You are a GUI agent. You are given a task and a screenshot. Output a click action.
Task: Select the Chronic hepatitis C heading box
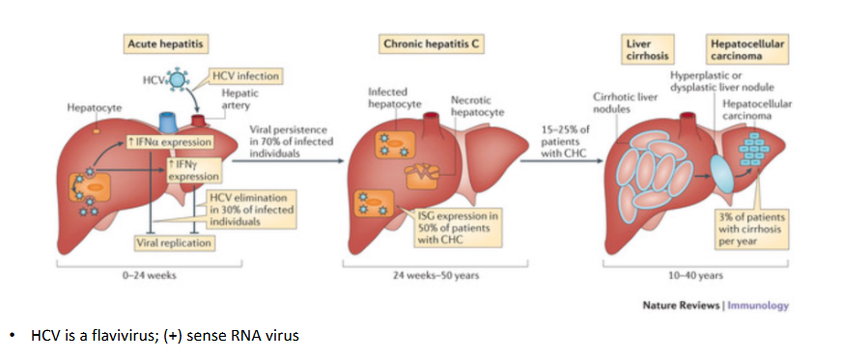[x=426, y=44]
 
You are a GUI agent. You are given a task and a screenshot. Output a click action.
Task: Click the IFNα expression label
[x=175, y=143]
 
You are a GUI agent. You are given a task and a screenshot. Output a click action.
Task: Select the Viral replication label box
[x=174, y=242]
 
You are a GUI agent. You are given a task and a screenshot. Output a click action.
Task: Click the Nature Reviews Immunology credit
[x=716, y=305]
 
